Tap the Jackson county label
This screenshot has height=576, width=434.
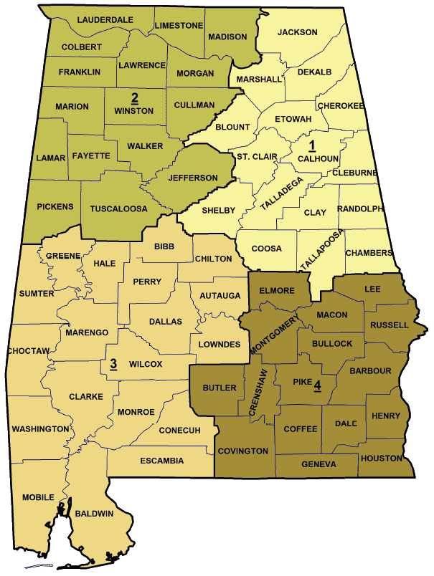pos(297,32)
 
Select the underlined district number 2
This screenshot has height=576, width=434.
pos(134,97)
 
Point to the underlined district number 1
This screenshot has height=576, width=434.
pos(312,146)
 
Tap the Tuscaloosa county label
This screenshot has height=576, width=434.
pos(119,209)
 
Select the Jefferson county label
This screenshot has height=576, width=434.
pos(192,178)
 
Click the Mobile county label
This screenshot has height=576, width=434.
pos(37,497)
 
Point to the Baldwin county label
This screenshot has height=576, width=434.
pos(95,514)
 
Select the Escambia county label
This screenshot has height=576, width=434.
pos(161,461)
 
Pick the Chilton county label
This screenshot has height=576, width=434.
pos(213,258)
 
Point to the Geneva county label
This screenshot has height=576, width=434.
pos(319,464)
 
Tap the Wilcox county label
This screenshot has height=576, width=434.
pos(145,364)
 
